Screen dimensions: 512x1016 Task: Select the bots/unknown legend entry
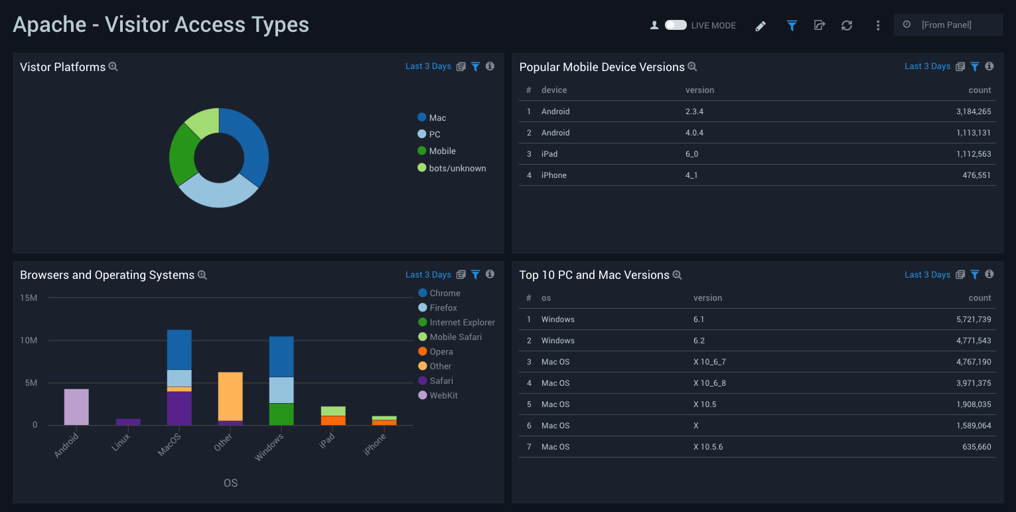[x=457, y=168]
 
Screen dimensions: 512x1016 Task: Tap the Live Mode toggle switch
[x=676, y=25]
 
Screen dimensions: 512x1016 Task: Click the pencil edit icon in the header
[x=761, y=26]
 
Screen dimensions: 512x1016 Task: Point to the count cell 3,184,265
[x=974, y=112]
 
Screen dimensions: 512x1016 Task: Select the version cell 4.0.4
[x=694, y=133]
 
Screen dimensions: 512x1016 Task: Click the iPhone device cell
[x=554, y=175]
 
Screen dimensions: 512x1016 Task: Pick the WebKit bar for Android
[x=76, y=406]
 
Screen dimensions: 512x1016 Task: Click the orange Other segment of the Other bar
[x=230, y=396]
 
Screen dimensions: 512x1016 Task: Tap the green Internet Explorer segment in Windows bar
[x=281, y=414]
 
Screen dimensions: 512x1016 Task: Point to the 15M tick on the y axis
[x=29, y=298]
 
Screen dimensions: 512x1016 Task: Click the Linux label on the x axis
[x=121, y=442]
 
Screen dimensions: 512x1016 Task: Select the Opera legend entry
[x=441, y=352]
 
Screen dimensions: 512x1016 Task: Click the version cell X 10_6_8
[x=709, y=383]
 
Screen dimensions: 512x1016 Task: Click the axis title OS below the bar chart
[x=230, y=483]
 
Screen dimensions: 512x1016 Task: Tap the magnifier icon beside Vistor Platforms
[x=113, y=67]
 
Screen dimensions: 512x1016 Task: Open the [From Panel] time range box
[x=948, y=25]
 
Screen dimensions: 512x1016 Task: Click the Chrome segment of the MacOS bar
[x=179, y=349]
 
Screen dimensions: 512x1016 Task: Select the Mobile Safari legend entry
[x=455, y=337]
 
